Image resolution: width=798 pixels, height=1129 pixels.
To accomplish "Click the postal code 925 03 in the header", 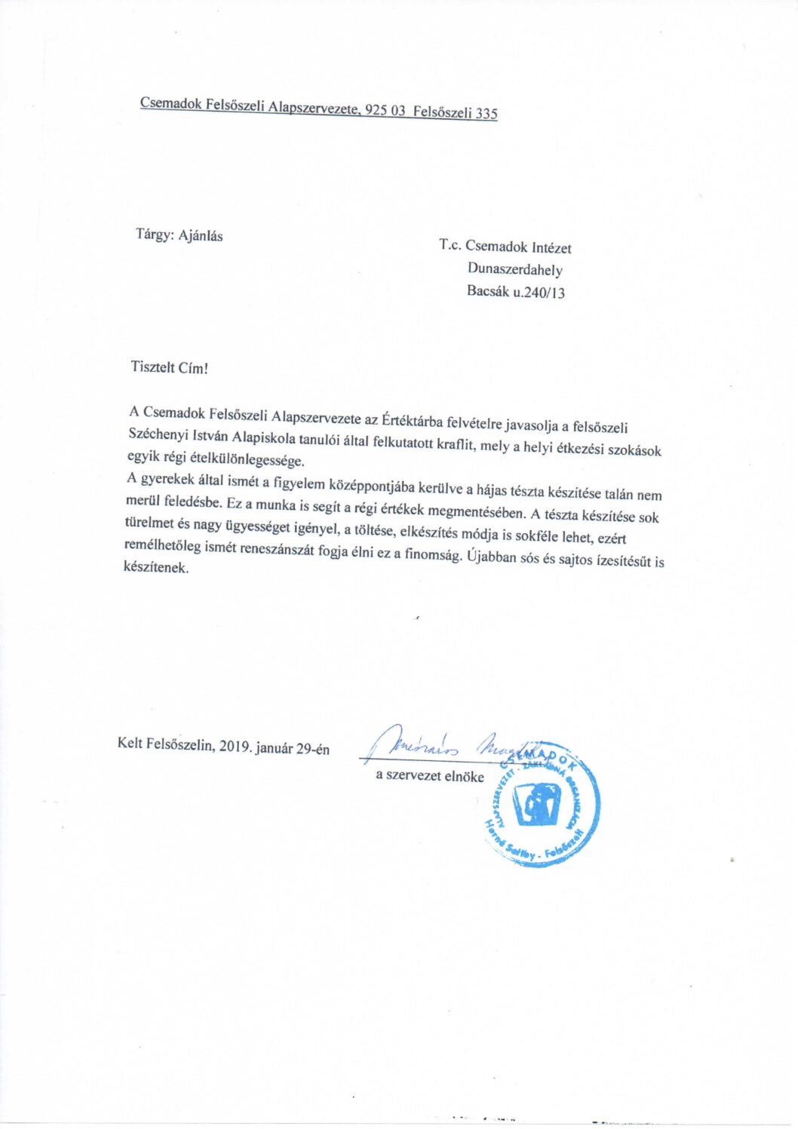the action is coord(385,110).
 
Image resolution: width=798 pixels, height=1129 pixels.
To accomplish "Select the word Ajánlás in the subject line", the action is coord(201,235).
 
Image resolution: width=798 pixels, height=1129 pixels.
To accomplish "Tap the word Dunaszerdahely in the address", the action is coord(515,269).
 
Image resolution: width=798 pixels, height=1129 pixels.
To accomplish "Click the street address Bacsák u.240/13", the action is coord(516,292).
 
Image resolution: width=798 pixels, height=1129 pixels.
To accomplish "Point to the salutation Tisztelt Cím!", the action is coord(169,368).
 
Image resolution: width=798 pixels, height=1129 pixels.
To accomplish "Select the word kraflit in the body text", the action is coord(456,443).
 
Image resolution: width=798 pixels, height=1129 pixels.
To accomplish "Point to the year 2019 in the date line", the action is coord(235,747).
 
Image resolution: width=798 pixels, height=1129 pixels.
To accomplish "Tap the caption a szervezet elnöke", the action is coord(430,775).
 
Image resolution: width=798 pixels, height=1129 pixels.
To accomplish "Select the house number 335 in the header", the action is coord(486,114).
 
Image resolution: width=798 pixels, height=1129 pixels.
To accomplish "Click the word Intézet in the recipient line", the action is coord(551,247).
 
